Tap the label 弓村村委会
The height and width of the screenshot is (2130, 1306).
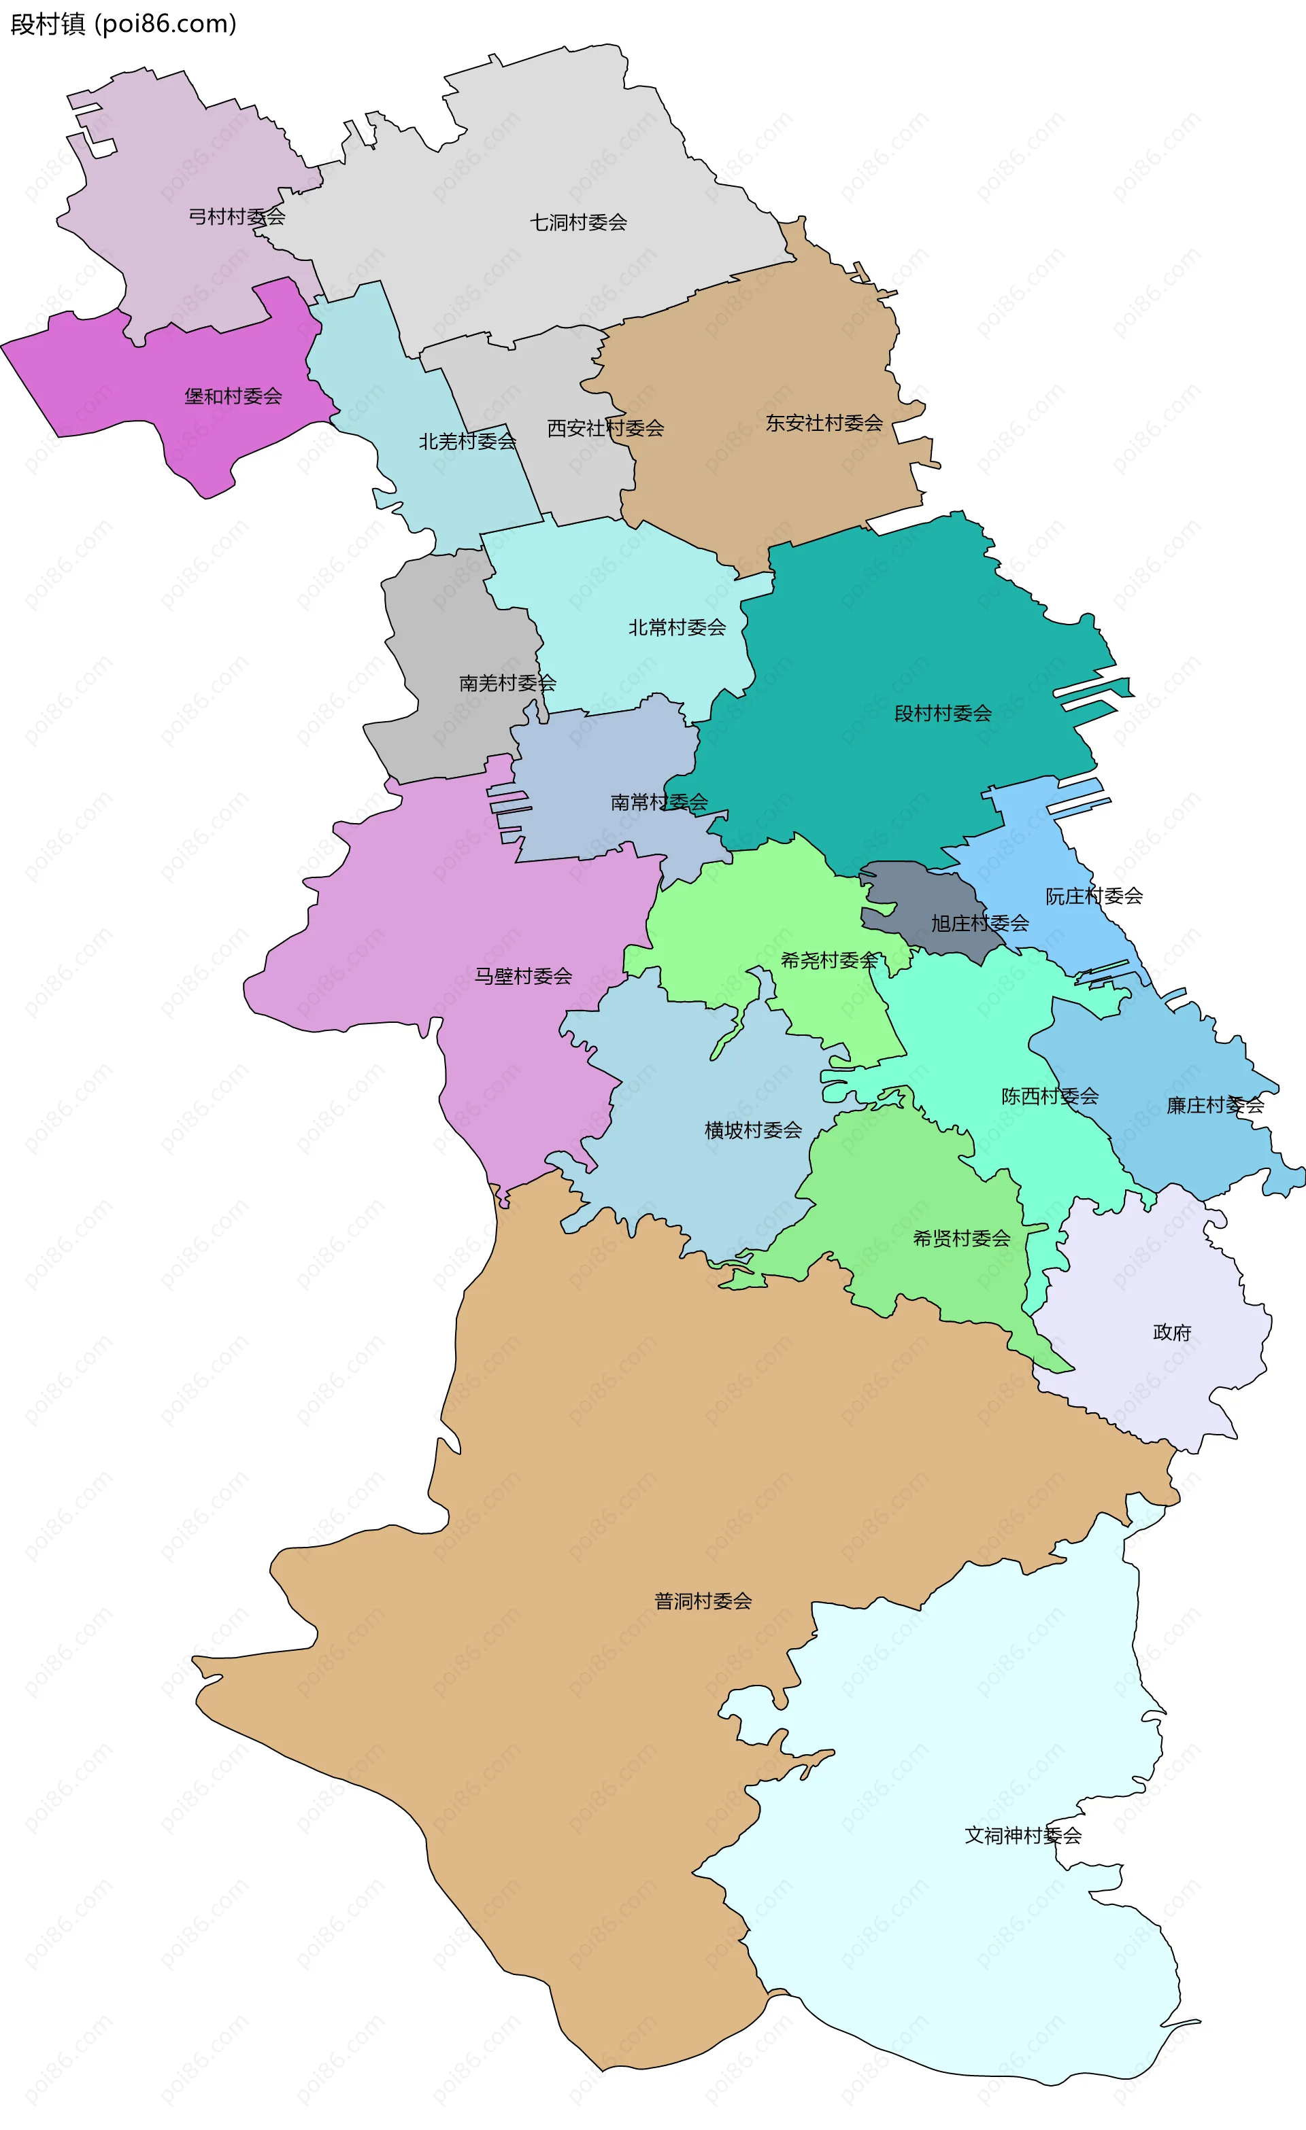click(237, 216)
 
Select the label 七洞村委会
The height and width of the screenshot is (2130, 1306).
click(577, 222)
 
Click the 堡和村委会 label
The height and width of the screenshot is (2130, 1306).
click(233, 396)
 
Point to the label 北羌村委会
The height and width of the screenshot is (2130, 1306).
click(467, 441)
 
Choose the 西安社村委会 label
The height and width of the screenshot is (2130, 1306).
click(605, 428)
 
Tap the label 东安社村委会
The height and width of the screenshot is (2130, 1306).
click(823, 423)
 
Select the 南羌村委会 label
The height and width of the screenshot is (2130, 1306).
click(507, 683)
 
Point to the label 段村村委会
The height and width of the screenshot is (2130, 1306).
click(942, 713)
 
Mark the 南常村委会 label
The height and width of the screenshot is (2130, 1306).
click(658, 802)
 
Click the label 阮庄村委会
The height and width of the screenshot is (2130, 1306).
click(1093, 896)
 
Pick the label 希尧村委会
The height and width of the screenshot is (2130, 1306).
click(828, 960)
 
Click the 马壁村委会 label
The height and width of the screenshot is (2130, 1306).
click(522, 976)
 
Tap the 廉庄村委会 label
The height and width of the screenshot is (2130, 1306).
click(1214, 1106)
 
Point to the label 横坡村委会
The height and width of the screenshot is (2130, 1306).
click(752, 1130)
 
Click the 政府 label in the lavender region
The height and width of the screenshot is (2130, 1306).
click(1171, 1332)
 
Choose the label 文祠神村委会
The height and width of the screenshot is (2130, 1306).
click(1022, 1835)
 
